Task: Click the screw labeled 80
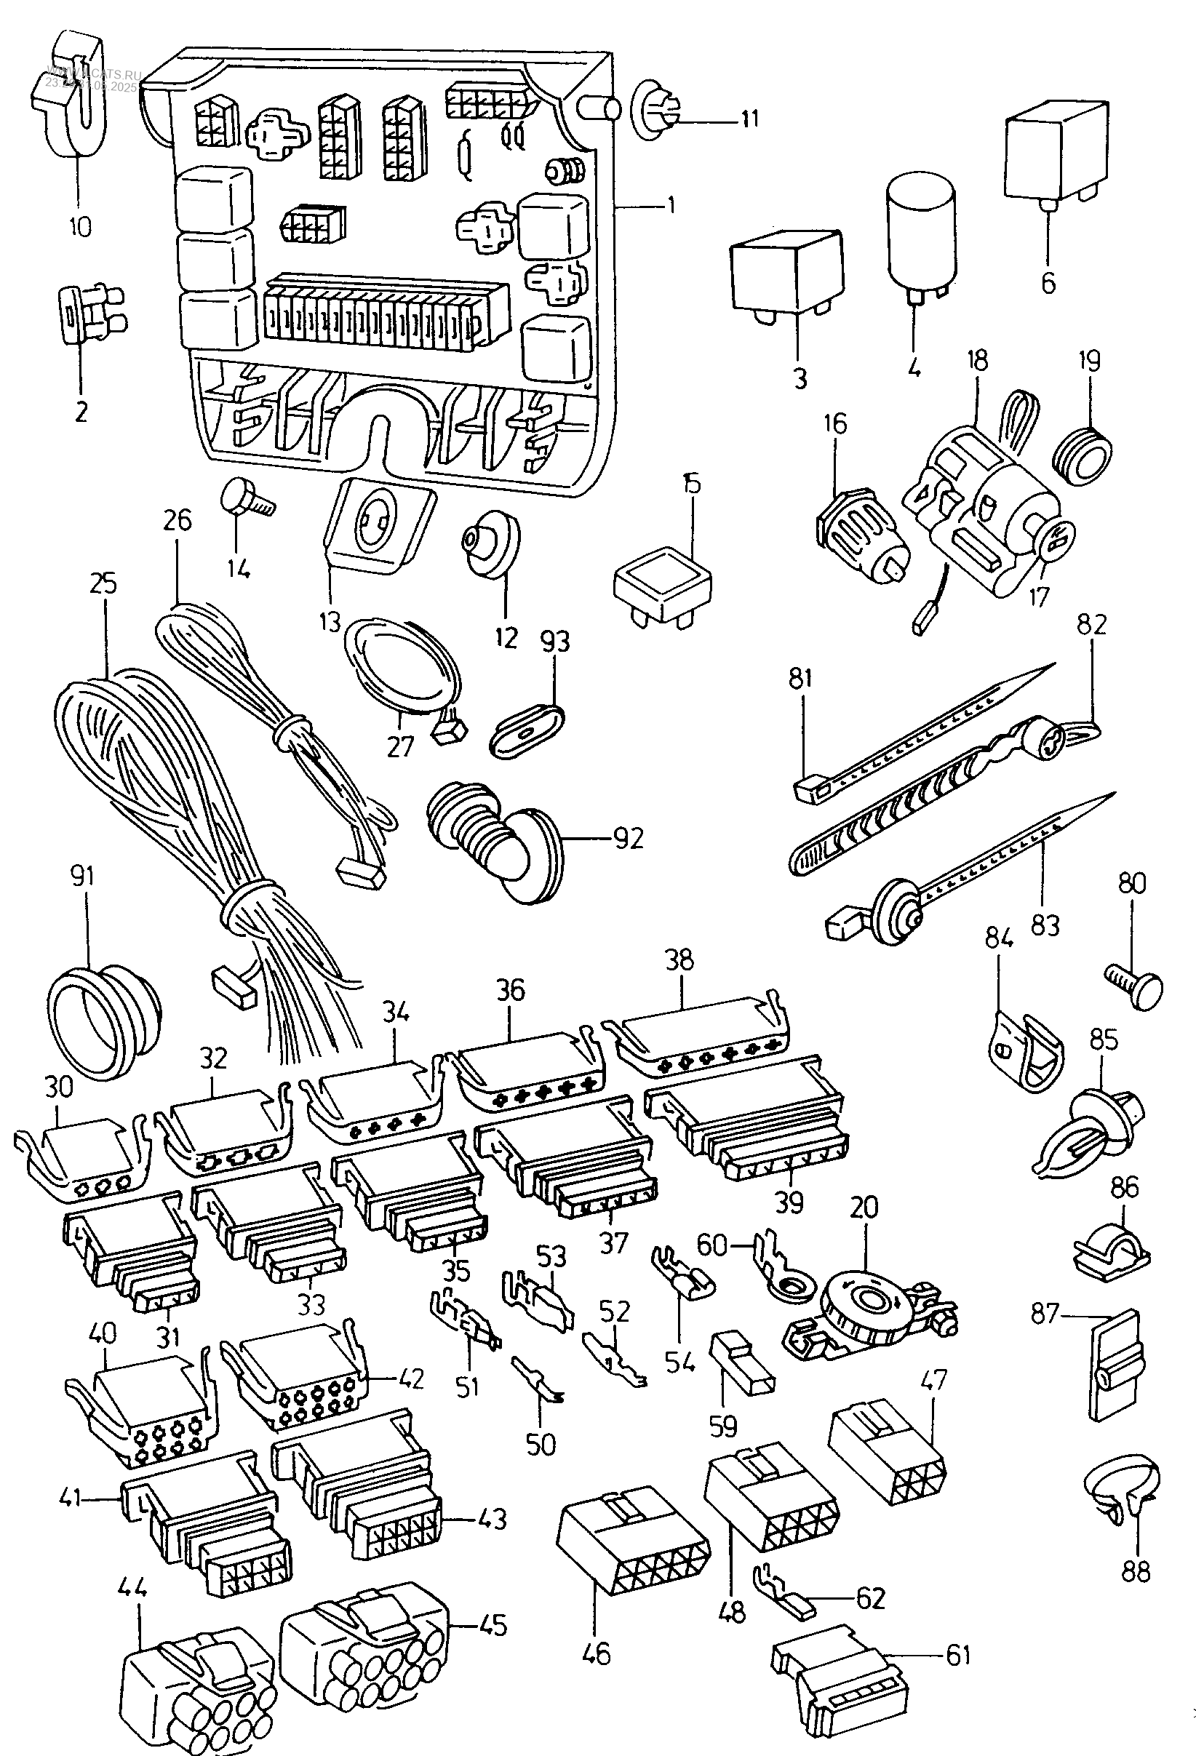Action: click(1136, 982)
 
